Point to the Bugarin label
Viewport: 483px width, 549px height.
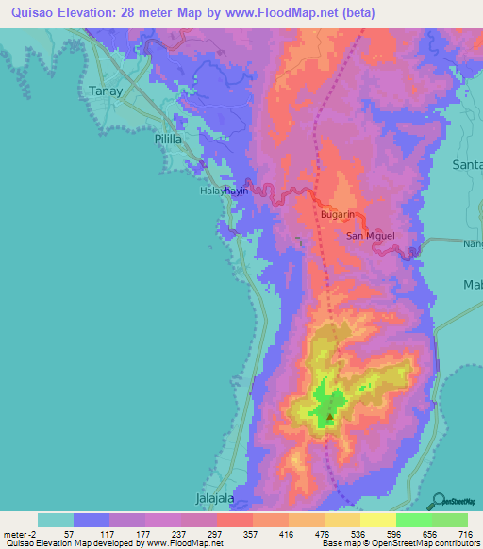[x=337, y=215]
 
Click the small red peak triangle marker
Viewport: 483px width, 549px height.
[x=329, y=415]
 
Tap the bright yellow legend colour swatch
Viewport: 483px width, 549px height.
[x=377, y=520]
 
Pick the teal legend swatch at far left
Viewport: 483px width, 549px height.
[x=56, y=520]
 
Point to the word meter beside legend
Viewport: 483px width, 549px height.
[x=17, y=533]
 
